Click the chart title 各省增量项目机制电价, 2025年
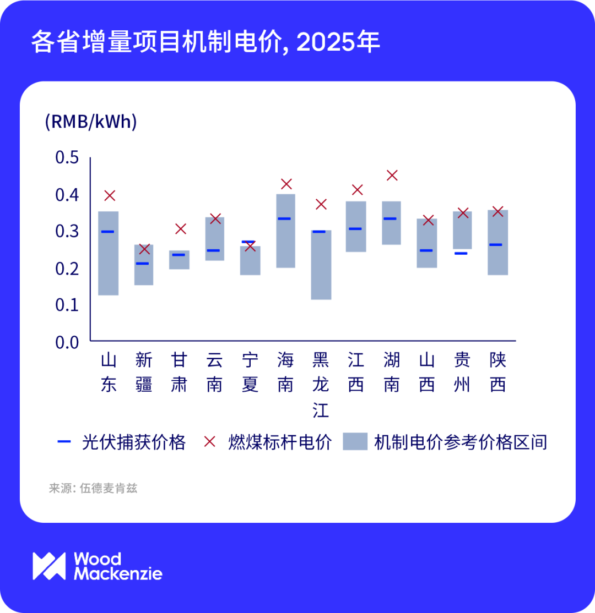[x=205, y=42]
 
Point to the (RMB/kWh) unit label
[x=91, y=122]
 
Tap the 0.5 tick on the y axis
[x=67, y=158]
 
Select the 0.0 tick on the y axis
[x=67, y=342]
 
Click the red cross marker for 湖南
[x=392, y=176]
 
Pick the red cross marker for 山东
[x=109, y=195]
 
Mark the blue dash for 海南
[x=285, y=218]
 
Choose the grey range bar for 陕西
[x=497, y=242]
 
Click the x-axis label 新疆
[x=144, y=373]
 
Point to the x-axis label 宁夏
[x=250, y=373]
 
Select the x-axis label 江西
[x=356, y=373]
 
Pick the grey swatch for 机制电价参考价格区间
[x=355, y=442]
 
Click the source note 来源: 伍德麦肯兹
[x=93, y=488]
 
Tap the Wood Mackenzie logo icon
[x=49, y=566]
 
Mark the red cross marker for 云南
[x=215, y=219]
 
